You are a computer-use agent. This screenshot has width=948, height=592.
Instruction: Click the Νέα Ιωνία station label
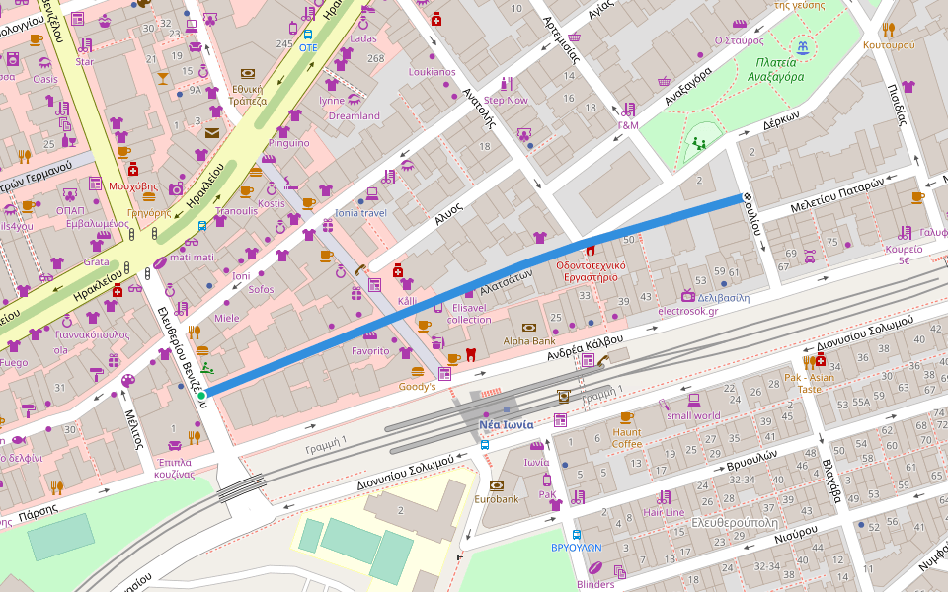(506, 425)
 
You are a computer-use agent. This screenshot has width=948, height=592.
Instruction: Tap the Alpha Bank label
(529, 342)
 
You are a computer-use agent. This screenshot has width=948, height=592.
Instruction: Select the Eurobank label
(496, 500)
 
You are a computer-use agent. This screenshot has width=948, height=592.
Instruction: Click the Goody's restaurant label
(417, 387)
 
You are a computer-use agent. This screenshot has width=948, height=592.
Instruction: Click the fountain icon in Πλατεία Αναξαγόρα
(804, 46)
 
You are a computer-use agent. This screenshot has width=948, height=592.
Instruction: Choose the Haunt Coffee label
(626, 437)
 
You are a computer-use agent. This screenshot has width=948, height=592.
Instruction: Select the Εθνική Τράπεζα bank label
(248, 94)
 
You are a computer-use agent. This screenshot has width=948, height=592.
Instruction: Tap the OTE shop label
(308, 47)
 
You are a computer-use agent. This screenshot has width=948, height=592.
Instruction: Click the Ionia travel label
(360, 213)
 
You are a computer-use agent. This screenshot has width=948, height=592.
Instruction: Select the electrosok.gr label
(687, 311)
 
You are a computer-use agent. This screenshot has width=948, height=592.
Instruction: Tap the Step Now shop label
(506, 101)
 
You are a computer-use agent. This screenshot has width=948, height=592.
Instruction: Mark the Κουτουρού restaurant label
(888, 45)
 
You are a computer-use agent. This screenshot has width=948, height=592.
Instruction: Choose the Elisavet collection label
(468, 313)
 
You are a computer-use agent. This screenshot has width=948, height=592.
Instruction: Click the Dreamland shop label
(354, 116)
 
